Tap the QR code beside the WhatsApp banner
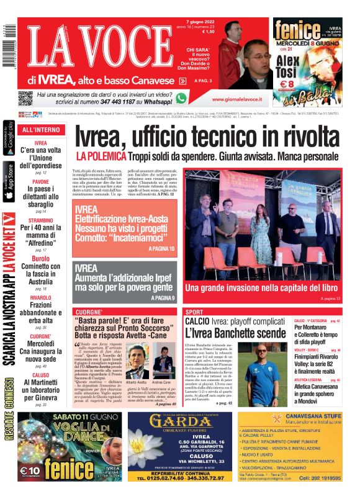pos(25,98)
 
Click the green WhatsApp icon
pos(181,98)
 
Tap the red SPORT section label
pos(194,312)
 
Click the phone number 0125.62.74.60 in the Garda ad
pos(159,478)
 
